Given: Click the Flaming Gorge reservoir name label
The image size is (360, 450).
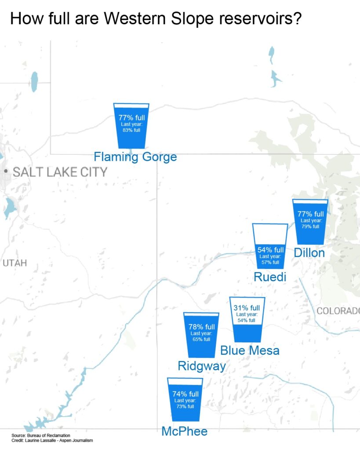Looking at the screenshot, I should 135,156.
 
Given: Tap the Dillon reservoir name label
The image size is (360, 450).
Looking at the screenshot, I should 309,253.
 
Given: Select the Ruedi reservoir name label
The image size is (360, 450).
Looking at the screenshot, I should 270,277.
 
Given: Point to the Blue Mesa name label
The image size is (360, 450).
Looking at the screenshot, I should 250,350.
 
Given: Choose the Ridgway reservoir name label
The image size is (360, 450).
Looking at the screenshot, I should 202,366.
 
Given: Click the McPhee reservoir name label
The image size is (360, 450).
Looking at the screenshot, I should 184,431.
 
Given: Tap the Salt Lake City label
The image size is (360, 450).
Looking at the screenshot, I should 60,172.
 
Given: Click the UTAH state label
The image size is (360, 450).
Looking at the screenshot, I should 15,263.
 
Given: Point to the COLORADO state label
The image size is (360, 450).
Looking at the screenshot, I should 338,311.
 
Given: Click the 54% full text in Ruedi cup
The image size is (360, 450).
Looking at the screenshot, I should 270,250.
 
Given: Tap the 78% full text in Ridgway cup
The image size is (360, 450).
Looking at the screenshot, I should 201,327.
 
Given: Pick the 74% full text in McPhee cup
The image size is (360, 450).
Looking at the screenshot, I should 185,394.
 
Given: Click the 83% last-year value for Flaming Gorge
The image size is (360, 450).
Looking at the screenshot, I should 131,130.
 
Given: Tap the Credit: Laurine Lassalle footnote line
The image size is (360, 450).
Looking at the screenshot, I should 52,440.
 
